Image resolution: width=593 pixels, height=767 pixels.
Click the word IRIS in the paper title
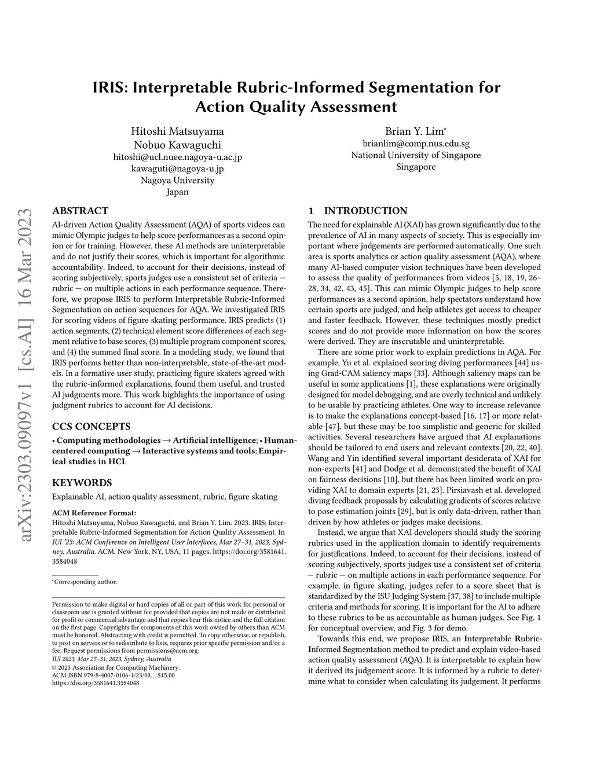tap(110, 87)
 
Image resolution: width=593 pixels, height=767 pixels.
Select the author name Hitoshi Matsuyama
tap(177, 131)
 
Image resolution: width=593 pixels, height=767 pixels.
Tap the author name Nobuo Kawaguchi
tap(177, 145)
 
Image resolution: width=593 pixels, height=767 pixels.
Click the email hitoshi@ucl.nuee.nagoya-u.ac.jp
tap(177, 157)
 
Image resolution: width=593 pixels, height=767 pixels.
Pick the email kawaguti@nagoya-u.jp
tap(177, 168)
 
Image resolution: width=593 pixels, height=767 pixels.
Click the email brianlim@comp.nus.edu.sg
tap(416, 144)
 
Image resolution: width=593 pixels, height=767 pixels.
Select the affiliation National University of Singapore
tap(416, 155)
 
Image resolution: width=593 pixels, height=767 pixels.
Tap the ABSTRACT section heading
tap(80, 211)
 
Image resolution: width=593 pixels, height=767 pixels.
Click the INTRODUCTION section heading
tap(365, 211)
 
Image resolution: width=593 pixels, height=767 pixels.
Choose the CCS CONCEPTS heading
tap(91, 427)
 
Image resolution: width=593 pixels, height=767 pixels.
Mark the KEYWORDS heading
tap(82, 482)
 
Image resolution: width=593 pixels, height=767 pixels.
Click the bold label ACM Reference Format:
tap(94, 512)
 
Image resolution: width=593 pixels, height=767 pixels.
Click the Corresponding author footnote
tap(85, 582)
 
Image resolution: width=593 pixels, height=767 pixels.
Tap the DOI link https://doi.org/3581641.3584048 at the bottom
tap(96, 683)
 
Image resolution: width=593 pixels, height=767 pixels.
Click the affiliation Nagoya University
tap(177, 180)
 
